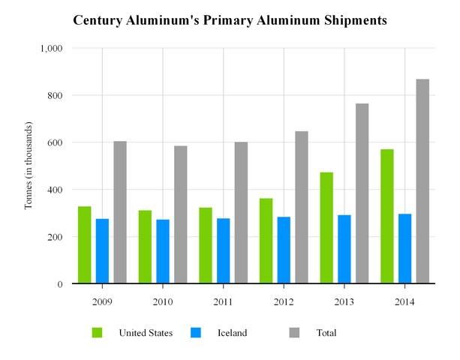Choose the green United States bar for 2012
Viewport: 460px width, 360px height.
pos(266,241)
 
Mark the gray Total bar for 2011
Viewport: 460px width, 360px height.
pos(241,213)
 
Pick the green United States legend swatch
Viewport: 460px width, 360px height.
pos(98,332)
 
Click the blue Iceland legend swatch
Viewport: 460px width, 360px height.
pos(195,332)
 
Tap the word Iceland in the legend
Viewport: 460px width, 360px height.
pos(233,333)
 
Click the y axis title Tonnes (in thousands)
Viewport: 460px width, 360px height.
pos(29,166)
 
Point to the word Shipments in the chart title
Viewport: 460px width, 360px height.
pos(350,20)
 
